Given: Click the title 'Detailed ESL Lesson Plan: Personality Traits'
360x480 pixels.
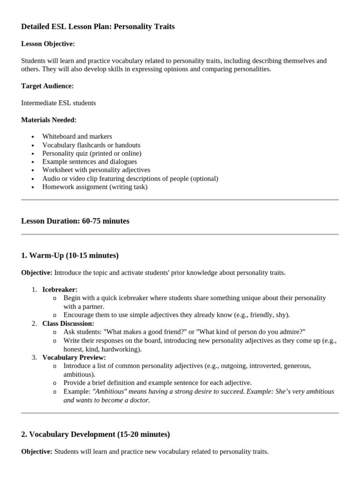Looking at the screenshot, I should coord(98,27).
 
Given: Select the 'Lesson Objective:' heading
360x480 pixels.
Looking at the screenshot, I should coord(48,44).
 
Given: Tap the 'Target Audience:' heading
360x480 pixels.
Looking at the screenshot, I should coord(47,86).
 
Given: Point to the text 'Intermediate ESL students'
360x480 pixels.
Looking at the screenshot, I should coord(59,103).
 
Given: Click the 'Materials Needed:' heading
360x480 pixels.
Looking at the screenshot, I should coord(49,120).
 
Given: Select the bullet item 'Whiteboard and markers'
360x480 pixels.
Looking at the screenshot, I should coord(77,136).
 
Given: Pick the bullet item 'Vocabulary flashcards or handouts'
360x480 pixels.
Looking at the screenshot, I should coord(91,145).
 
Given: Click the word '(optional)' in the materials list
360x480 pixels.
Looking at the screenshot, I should coord(202,179).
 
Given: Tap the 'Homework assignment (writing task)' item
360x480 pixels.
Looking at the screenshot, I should coord(95,187).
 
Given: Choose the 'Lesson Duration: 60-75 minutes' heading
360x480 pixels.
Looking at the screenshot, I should coord(75,221).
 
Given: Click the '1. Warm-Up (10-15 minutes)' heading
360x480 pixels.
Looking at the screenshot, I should coord(70,255).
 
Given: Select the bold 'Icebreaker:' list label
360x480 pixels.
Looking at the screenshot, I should coord(60,290).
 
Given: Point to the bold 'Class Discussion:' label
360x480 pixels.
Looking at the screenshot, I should coord(68,323).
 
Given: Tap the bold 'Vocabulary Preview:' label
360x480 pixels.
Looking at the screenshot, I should coord(74,357).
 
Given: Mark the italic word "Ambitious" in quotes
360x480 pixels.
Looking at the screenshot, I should coord(108,391).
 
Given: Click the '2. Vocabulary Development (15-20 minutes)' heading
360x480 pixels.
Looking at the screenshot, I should coord(96,435).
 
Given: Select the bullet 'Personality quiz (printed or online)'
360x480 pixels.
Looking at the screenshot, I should coord(91,153).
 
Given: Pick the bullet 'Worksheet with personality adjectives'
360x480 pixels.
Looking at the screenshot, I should coord(96,170).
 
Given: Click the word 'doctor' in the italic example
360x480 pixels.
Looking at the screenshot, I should coord(139,400).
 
